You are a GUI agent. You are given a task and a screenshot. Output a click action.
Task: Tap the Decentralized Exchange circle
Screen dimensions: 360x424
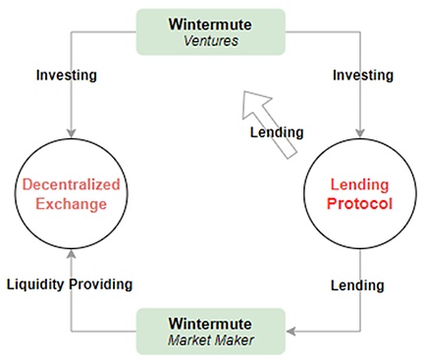point(69,194)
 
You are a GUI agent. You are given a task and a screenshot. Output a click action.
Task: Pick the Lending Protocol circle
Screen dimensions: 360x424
point(358,194)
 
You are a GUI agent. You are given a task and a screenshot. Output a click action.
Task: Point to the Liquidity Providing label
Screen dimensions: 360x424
point(69,284)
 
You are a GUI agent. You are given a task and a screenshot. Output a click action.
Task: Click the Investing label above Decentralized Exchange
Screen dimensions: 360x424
point(67,75)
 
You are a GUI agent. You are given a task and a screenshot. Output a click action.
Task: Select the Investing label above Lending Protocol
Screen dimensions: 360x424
point(363,75)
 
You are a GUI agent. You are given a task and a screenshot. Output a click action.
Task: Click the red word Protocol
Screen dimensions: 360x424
point(358,205)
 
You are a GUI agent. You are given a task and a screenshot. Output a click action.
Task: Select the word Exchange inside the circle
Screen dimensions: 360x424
point(69,205)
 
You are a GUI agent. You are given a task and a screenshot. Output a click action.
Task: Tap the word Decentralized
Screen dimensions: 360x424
point(69,184)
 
